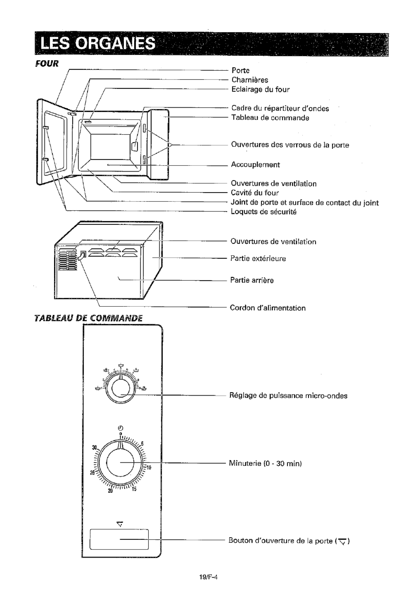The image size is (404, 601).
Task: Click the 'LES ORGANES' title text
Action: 98,43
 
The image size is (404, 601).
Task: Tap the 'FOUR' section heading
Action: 47,64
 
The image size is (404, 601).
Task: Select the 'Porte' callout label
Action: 240,71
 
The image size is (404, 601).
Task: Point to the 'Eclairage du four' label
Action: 260,90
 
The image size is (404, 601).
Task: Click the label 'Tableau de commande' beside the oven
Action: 270,118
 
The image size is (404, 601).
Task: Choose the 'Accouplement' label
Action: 255,165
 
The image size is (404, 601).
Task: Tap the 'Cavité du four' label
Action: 255,193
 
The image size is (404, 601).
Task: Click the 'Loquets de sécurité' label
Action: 264,212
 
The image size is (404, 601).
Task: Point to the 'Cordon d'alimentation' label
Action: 268,308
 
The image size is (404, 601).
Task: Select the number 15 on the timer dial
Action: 134,489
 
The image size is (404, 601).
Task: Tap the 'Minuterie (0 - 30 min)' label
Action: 265,463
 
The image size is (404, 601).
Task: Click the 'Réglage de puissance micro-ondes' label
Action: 288,396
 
